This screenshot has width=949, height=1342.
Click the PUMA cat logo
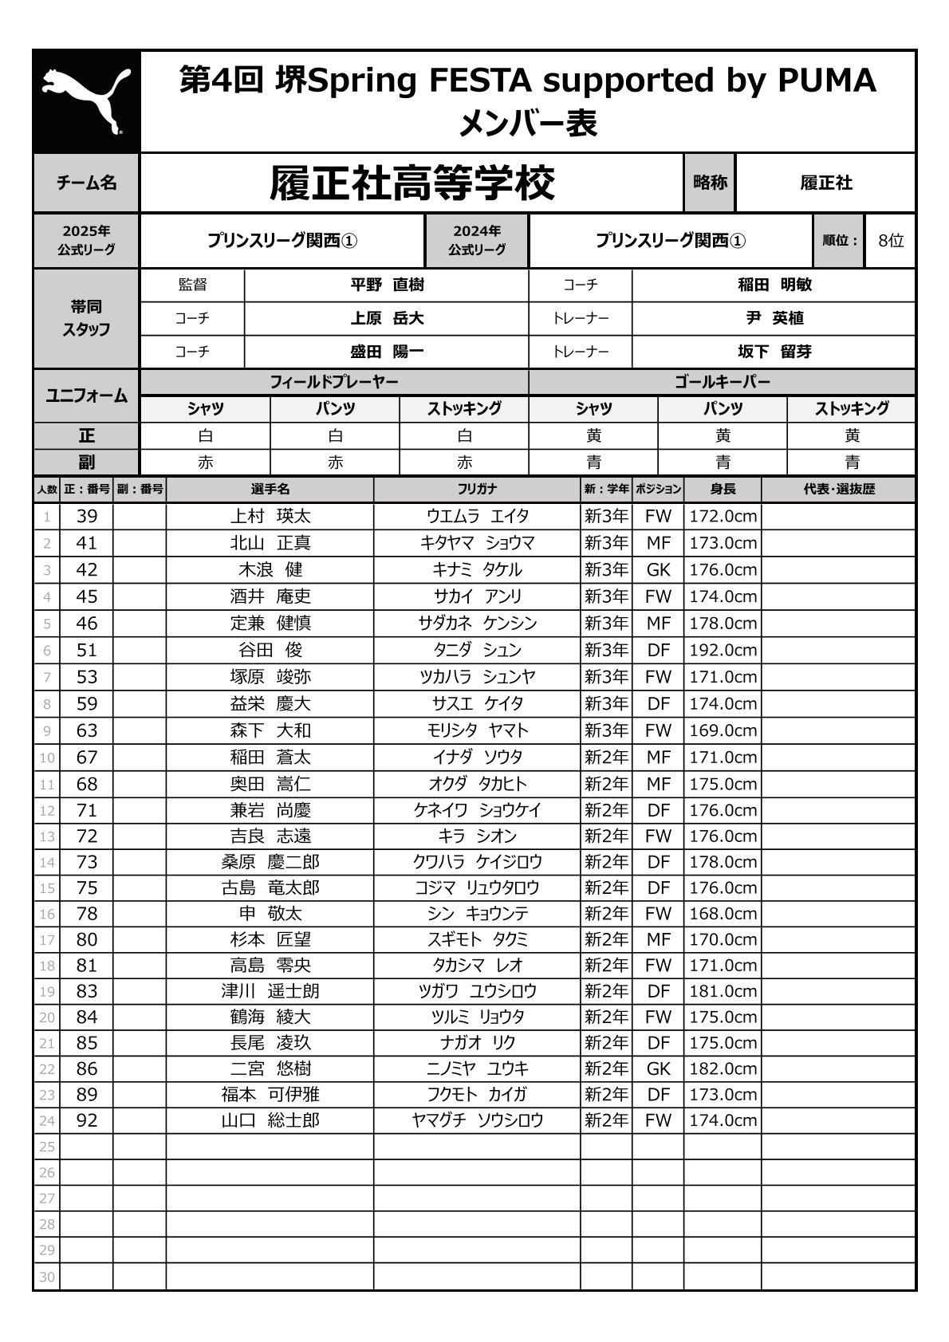coord(86,101)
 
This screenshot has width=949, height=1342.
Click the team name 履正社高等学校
coord(411,183)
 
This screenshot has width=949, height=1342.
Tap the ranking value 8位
coord(890,240)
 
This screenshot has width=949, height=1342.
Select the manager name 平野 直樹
coord(387,285)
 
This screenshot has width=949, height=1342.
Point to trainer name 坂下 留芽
coord(774,352)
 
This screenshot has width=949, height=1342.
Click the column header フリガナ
coord(477,489)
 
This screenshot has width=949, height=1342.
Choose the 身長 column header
coord(723,489)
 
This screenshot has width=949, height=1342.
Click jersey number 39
coord(86,516)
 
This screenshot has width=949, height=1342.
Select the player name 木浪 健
coord(270,570)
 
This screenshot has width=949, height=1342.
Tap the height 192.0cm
coord(723,650)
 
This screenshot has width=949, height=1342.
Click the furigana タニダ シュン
coord(477,650)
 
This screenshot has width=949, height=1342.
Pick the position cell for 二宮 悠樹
coord(658,1068)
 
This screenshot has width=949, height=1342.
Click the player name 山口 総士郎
coord(270,1120)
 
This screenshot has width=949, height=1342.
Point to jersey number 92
coord(86,1120)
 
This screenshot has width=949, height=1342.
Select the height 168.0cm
coord(723,914)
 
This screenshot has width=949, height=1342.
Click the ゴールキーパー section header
coord(722,382)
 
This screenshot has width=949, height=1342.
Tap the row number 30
coord(47,1277)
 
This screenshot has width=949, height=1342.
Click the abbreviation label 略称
coord(710,183)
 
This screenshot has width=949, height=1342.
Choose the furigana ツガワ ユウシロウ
coord(477,991)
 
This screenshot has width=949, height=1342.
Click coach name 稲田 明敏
coord(774,285)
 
